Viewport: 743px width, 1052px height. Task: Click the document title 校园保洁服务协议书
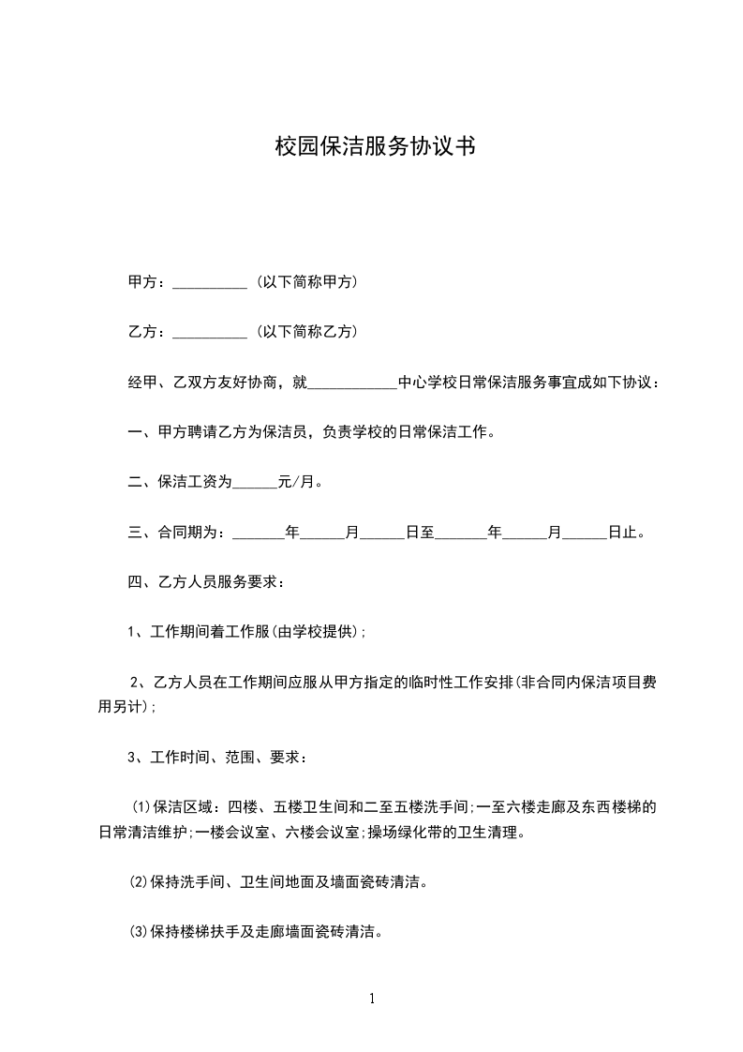click(371, 147)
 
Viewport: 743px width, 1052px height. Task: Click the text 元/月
click(301, 483)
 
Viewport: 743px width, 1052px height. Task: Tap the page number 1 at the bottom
click(372, 999)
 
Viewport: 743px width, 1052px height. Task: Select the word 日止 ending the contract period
click(623, 534)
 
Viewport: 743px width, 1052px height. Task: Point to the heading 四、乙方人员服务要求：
click(206, 583)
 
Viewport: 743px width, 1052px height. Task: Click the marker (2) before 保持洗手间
click(138, 882)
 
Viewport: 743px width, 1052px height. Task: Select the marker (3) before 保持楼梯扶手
click(138, 933)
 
